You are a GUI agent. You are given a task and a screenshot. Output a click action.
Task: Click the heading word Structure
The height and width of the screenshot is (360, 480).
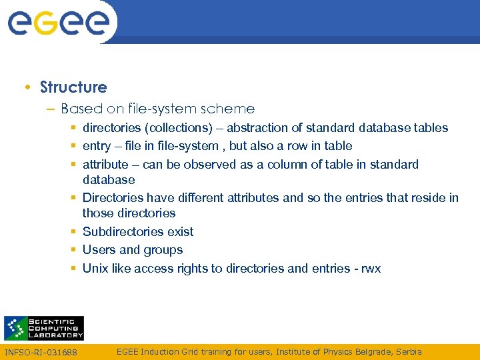[73, 87]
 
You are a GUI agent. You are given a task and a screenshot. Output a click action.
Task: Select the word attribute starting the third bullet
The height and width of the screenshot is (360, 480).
[105, 164]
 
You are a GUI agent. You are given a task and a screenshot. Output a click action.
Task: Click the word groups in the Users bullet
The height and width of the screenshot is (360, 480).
[163, 250]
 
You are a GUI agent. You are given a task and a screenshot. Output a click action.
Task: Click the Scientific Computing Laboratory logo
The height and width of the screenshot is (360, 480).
[44, 328]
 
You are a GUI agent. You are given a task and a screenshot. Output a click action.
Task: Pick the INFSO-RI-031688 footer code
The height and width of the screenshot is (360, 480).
[41, 352]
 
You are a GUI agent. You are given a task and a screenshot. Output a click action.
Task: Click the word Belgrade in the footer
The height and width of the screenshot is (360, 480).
[366, 351]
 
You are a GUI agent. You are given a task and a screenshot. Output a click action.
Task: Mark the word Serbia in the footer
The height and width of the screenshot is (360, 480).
[408, 351]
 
